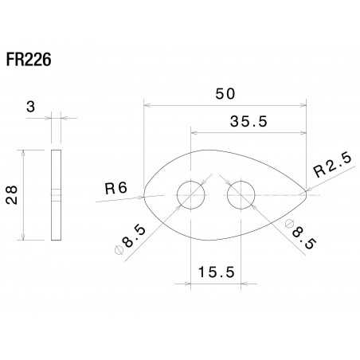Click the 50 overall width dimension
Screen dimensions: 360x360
click(x=225, y=93)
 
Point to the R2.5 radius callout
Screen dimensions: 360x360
click(x=332, y=169)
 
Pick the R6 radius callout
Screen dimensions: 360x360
click(x=116, y=189)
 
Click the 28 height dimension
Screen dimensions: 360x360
click(x=12, y=195)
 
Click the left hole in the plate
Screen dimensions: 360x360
click(x=190, y=194)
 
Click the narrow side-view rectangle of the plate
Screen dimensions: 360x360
click(x=56, y=195)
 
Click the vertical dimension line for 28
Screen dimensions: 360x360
click(x=24, y=195)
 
